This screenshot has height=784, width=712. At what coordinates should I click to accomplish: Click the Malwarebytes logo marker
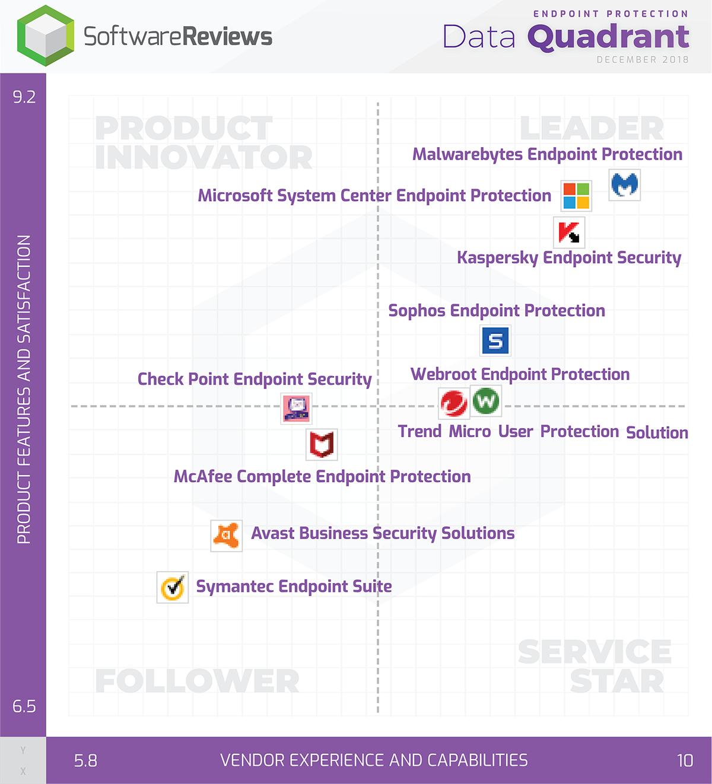coord(625,186)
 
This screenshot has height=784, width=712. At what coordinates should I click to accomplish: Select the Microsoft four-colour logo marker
coord(576,196)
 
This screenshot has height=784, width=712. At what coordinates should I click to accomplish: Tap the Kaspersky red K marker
coord(569,232)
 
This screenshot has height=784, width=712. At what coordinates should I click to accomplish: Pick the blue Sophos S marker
coord(495,340)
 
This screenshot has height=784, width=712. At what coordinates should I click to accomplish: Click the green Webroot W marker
coord(486,401)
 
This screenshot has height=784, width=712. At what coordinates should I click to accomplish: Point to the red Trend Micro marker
coord(454,403)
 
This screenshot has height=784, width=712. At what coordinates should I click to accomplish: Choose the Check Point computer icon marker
coord(296,409)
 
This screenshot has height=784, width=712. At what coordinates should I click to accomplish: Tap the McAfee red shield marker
coord(322,445)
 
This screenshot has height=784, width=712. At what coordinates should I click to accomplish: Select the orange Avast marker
coord(226,536)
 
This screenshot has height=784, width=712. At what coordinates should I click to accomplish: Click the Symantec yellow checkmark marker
coord(173,587)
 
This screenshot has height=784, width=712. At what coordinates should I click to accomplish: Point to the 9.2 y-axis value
coord(24,97)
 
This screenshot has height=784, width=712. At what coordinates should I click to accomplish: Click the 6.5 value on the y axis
coord(24,706)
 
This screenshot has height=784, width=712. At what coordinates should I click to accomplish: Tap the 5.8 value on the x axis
coord(85,761)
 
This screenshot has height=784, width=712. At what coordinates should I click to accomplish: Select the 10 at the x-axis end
coord(685,761)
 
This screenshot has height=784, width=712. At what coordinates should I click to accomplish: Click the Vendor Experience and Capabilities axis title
coord(374,761)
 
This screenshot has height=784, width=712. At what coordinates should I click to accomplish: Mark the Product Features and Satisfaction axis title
coord(24,389)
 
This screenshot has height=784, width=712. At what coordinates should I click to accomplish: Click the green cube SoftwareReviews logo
coord(46,36)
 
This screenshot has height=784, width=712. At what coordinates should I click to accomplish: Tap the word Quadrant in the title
coord(608,37)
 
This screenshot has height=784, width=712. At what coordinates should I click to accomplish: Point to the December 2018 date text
coord(643,59)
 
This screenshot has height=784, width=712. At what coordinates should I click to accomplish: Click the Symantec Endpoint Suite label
coord(294,587)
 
